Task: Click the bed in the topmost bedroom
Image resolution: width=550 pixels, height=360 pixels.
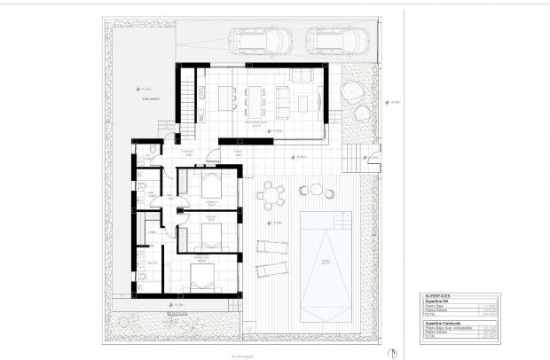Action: (212, 188)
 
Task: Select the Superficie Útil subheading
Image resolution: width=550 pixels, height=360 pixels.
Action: (442, 301)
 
